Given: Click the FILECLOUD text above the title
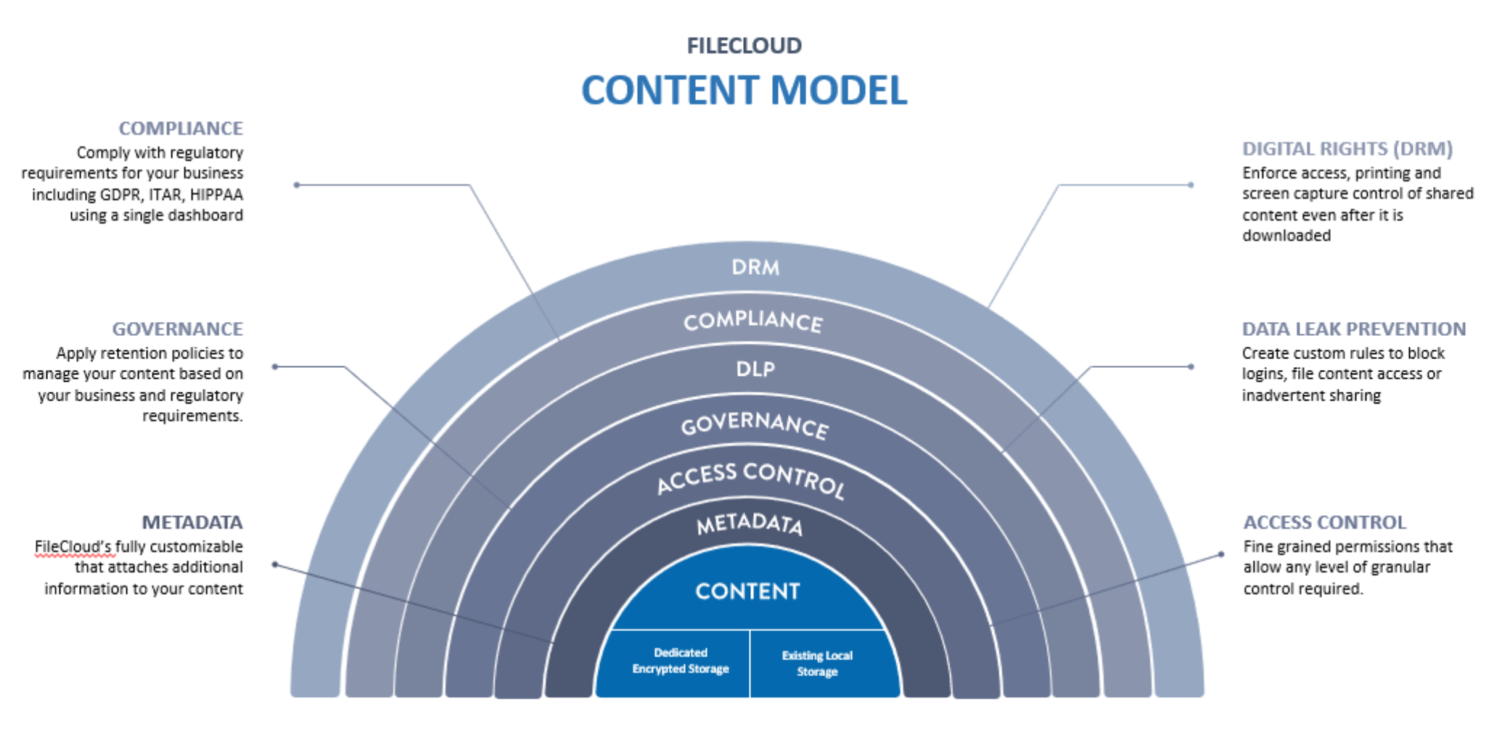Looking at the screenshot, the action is pos(744,46).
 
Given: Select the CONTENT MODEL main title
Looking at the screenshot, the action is pos(744,91).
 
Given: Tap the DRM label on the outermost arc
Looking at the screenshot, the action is pos(755,268).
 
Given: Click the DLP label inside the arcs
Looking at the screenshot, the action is pos(755,369).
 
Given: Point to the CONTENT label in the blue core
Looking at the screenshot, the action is pos(747,591).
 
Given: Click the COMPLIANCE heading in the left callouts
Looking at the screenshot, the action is pos(181,128).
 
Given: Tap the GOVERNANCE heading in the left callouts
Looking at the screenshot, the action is pos(177,329).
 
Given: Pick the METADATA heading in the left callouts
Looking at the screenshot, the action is pos(192,522).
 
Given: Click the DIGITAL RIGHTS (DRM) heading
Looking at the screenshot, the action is pos(1348,149).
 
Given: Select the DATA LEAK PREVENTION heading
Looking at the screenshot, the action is pos(1354,329).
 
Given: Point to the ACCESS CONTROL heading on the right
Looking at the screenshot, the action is pos(1324,522).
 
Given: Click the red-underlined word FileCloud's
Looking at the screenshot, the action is pos(73,546).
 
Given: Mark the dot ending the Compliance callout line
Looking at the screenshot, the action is pos(296,185).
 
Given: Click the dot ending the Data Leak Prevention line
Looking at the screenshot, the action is pos(1191,366).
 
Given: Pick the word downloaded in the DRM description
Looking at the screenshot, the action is pos(1287,236).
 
